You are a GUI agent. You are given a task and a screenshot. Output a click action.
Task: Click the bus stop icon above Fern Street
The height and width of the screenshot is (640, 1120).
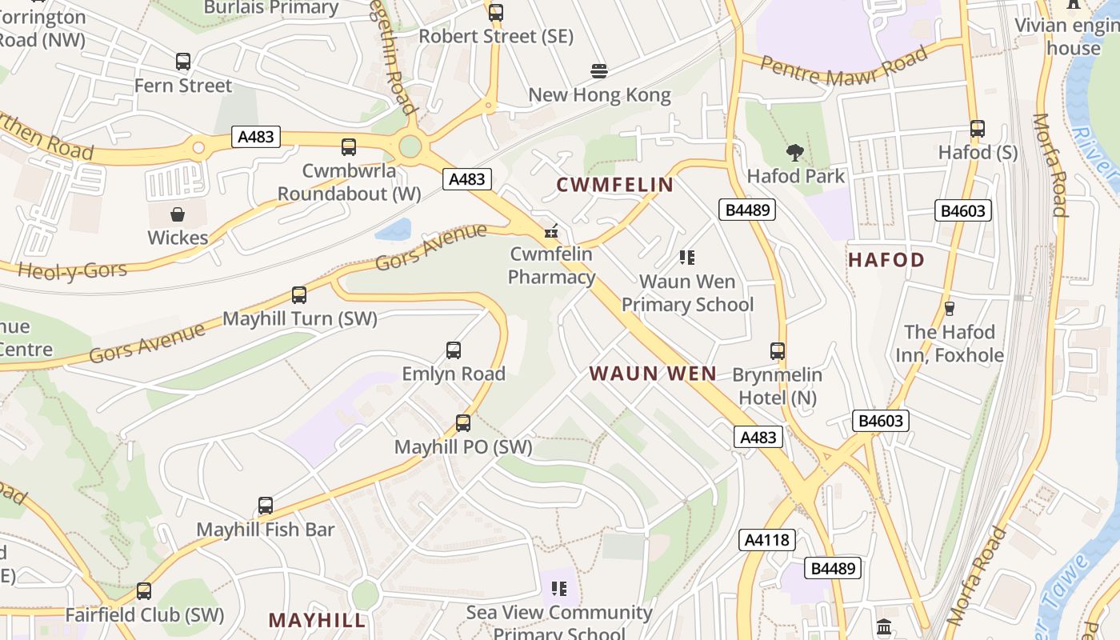[183, 62]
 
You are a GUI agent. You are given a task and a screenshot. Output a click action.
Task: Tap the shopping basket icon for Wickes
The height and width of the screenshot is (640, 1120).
[177, 214]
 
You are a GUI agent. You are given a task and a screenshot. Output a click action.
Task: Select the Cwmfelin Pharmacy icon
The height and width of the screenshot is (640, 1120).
[550, 232]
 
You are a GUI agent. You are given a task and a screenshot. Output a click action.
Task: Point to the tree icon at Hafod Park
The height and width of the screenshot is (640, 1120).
[794, 152]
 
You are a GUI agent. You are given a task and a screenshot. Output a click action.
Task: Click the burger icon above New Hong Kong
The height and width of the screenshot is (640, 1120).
[599, 71]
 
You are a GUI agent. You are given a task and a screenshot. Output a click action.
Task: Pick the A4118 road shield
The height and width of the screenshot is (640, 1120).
[767, 540]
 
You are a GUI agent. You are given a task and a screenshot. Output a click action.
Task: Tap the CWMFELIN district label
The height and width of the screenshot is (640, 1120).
[614, 186]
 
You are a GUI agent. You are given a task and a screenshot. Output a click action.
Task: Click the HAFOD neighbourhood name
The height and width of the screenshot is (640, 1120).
[886, 260]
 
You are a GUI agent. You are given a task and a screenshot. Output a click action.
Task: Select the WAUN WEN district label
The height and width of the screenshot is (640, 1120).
[653, 374]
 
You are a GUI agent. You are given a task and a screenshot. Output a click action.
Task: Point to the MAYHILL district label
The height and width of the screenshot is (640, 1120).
[317, 620]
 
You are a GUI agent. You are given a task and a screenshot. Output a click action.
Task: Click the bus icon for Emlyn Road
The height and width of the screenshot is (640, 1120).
[454, 350]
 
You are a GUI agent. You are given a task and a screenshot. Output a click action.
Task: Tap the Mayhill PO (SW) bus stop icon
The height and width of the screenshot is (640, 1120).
[463, 423]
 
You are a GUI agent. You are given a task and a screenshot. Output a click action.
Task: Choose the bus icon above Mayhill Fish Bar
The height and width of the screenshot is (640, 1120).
[266, 506]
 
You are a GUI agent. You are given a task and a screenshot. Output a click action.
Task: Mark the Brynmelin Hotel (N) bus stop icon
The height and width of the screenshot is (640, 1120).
[777, 351]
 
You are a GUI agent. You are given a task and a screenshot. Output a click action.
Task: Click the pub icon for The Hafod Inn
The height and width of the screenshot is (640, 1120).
[950, 308]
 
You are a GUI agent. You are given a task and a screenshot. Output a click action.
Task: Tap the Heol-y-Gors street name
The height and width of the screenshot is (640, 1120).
[73, 270]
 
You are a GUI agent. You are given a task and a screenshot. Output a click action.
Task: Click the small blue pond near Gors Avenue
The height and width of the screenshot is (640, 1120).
[393, 230]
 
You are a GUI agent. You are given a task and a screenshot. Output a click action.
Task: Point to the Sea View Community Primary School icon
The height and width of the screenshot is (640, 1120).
[559, 590]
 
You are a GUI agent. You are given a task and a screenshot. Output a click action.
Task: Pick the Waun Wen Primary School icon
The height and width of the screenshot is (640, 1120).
[687, 258]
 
